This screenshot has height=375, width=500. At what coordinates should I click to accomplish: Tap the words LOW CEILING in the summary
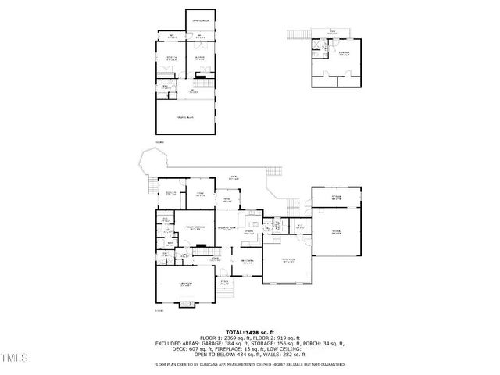pyautogui.click(x=279, y=348)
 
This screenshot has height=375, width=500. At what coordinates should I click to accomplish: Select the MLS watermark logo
pyautogui.click(x=14, y=360)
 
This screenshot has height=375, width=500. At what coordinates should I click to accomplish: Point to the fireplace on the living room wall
pyautogui.click(x=202, y=246)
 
